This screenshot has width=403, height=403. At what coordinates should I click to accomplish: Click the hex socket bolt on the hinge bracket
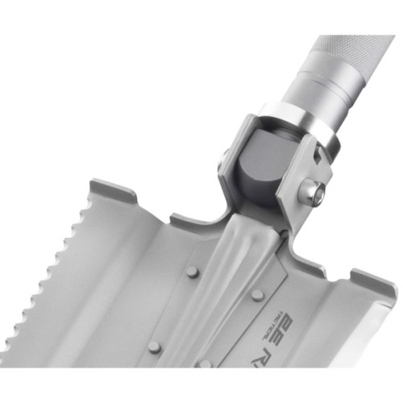pos(312,193)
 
